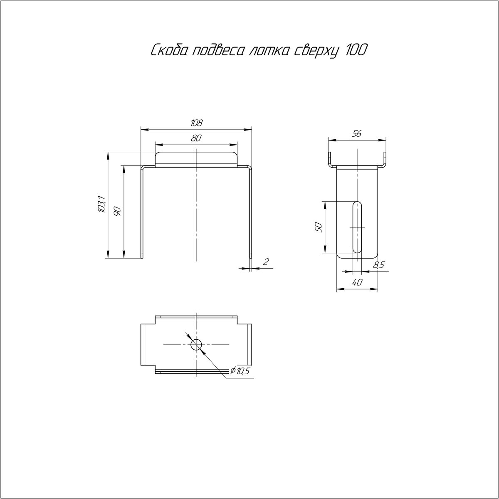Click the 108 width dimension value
196,123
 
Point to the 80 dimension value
196,138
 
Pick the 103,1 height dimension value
101,205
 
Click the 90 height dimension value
117,212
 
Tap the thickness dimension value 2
266,262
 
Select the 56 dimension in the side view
357,134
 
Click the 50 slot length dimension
318,227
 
